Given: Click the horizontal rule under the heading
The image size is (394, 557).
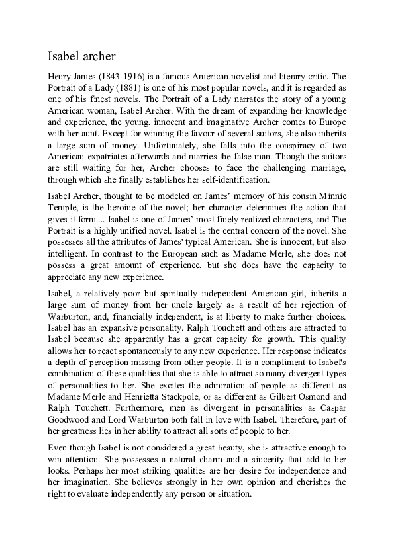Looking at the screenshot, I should click(197, 64).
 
